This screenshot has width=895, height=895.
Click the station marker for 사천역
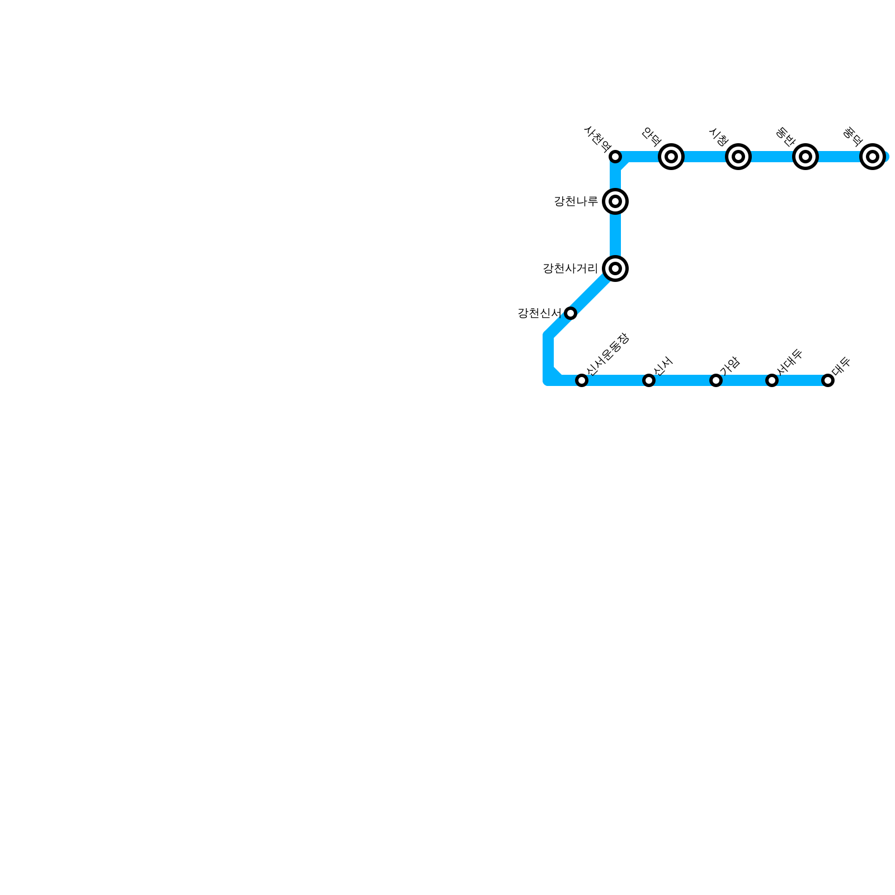[x=615, y=156]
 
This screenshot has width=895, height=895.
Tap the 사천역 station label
[x=597, y=139]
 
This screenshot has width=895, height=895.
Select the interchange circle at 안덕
[x=671, y=157]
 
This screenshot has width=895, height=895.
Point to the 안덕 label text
[x=652, y=136]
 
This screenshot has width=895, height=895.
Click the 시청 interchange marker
[x=738, y=157]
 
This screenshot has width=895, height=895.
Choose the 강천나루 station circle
[x=615, y=201]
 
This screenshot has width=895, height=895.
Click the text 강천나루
[x=576, y=201]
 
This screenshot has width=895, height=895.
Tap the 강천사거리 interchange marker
[x=615, y=268]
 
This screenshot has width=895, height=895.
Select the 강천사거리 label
[x=570, y=268]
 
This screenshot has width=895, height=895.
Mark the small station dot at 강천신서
[x=571, y=313]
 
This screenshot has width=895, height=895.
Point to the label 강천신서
[x=539, y=313]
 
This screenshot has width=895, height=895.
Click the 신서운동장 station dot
[x=582, y=380]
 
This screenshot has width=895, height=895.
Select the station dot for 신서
[x=649, y=380]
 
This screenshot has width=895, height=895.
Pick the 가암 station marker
[x=716, y=380]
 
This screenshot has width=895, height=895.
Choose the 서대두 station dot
[x=772, y=380]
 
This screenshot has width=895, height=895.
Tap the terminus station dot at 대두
[x=828, y=380]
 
